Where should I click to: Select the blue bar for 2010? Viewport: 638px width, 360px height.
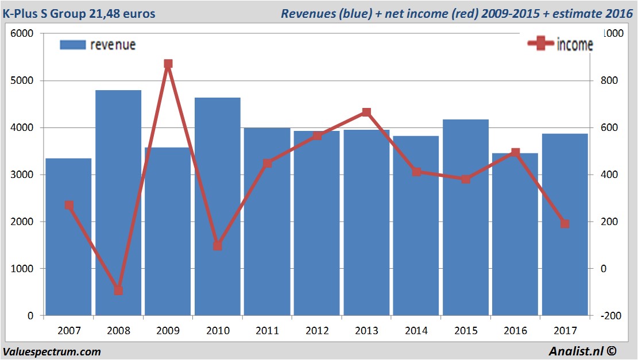[x=218, y=207]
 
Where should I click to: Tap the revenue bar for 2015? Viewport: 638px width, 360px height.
[x=466, y=218]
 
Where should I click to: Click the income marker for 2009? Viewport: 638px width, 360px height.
[x=168, y=64]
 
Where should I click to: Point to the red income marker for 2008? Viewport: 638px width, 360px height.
[x=118, y=290]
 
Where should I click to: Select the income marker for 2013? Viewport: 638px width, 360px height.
[x=366, y=113]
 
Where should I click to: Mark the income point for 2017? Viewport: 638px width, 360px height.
[x=565, y=223]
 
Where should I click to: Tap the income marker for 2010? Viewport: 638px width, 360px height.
[x=218, y=246]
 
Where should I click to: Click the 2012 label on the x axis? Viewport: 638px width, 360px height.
[x=317, y=331]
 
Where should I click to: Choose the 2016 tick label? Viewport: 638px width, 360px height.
[x=515, y=331]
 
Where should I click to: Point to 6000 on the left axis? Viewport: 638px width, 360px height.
[x=22, y=34]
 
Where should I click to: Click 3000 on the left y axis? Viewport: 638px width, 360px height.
[x=22, y=175]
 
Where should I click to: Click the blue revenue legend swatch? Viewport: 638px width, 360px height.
[x=72, y=45]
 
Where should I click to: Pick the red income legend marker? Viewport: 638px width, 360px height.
[x=540, y=44]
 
